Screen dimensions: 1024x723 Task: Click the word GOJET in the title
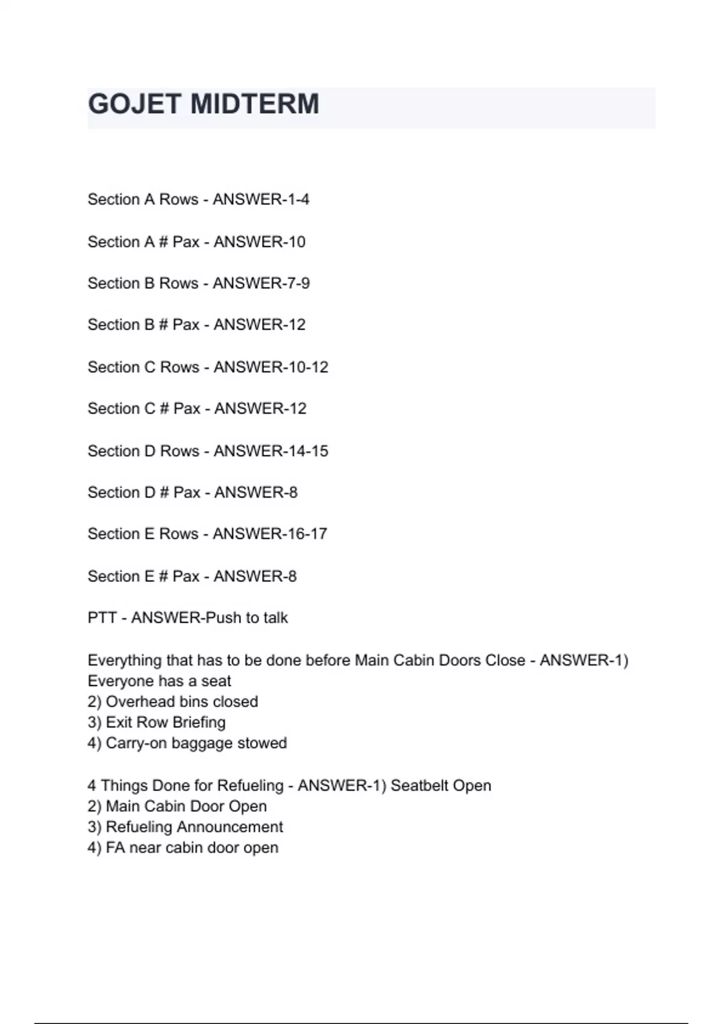tap(134, 104)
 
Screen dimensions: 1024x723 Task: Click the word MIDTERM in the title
tap(254, 104)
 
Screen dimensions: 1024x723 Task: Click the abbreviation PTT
tap(102, 618)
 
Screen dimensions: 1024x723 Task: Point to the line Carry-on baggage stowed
tap(187, 743)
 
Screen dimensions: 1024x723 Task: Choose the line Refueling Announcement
tap(186, 827)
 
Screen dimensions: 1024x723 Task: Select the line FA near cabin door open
tap(183, 848)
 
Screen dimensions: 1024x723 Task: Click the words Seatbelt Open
tap(441, 785)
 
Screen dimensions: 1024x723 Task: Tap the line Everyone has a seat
tap(160, 681)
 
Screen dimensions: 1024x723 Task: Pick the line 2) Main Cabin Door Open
tap(177, 807)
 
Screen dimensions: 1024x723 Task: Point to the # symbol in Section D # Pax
tap(164, 493)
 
